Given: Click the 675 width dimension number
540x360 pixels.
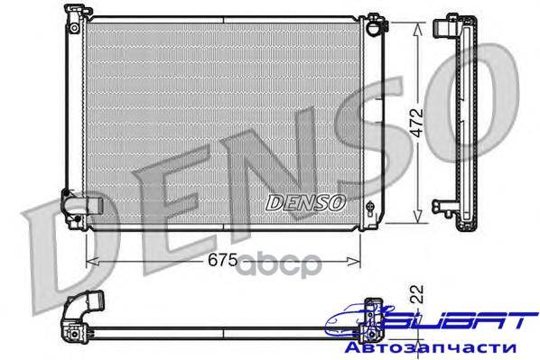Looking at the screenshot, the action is click(x=222, y=260).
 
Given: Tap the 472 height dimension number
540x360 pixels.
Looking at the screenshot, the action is click(x=417, y=123).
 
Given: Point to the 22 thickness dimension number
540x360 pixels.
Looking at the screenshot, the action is click(x=417, y=294).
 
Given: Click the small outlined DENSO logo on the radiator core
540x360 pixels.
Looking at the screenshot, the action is click(x=305, y=203).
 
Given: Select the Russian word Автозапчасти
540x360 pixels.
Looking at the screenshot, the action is click(x=431, y=347).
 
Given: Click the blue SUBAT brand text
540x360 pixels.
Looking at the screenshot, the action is click(x=459, y=321).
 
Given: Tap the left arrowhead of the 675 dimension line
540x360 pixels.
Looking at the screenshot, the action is click(x=92, y=262).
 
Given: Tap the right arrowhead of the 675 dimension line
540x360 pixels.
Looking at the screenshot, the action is click(x=354, y=262).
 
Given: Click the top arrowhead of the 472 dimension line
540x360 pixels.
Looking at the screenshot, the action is click(x=417, y=29).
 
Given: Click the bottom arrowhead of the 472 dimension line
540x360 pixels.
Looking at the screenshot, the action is click(x=417, y=216).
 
